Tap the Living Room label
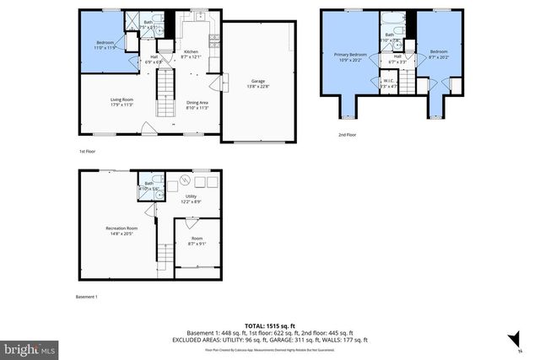click(122, 102)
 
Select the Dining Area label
click(197, 105)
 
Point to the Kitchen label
click(192, 54)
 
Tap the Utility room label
click(191, 200)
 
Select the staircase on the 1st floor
click(165, 84)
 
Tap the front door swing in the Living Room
click(149, 128)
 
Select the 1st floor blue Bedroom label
click(105, 44)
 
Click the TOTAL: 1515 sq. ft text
click(269, 325)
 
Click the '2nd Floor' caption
click(347, 134)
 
